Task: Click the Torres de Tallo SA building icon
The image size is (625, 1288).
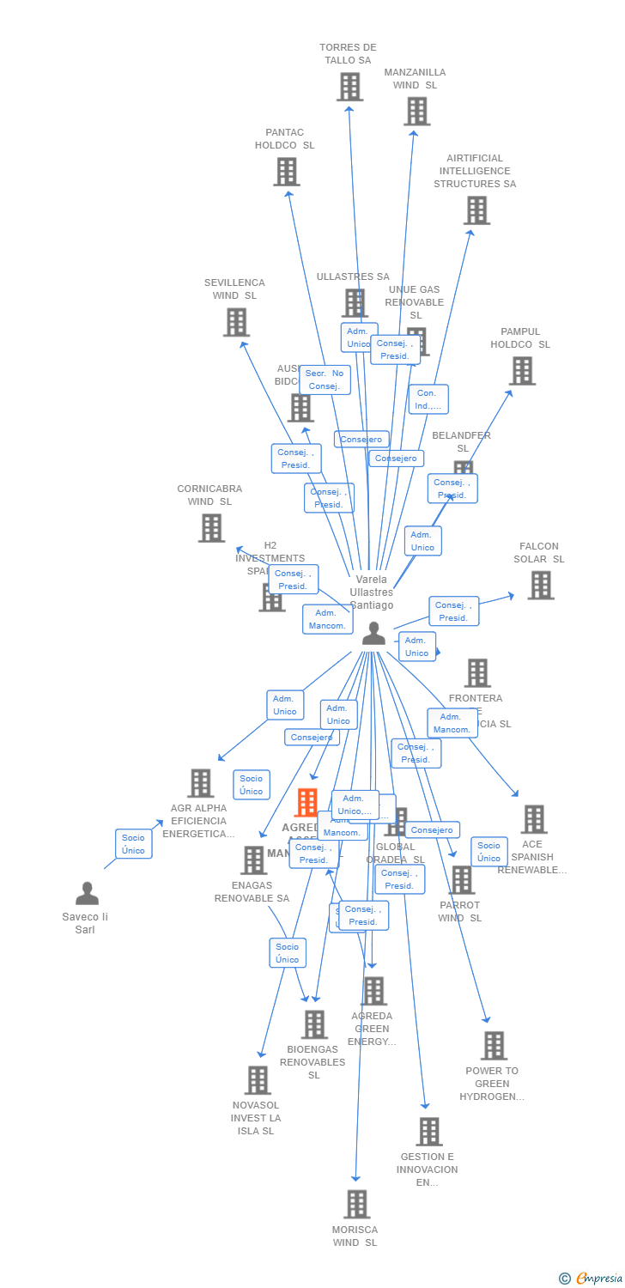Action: [x=349, y=87]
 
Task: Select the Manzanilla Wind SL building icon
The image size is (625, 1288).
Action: [x=416, y=112]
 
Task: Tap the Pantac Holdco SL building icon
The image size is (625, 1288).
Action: [x=287, y=172]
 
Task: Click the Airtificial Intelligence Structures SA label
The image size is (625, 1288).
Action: [x=475, y=171]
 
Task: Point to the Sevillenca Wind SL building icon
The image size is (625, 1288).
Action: [x=236, y=322]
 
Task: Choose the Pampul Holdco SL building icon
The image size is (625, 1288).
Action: [x=522, y=371]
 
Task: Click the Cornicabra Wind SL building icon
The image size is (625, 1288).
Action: [x=211, y=528]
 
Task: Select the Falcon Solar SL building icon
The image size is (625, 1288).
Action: [x=541, y=585]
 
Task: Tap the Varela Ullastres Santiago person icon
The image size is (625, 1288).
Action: [x=373, y=633]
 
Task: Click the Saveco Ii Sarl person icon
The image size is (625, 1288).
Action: [x=87, y=894]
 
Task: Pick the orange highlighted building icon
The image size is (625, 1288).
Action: [x=306, y=803]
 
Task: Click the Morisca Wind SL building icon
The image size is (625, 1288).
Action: [x=357, y=1204]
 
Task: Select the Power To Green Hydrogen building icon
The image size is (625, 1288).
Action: [x=494, y=1046]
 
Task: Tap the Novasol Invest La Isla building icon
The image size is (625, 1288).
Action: [x=258, y=1080]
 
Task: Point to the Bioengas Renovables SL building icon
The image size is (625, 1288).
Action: [x=314, y=1024]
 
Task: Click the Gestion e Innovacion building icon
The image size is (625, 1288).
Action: [x=429, y=1132]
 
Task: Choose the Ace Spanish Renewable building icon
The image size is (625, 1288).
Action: [x=533, y=819]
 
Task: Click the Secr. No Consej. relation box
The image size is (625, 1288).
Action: [x=325, y=380]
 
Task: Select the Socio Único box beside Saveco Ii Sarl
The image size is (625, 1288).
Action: [x=133, y=844]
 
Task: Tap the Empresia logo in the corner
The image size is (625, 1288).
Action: [x=592, y=1279]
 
